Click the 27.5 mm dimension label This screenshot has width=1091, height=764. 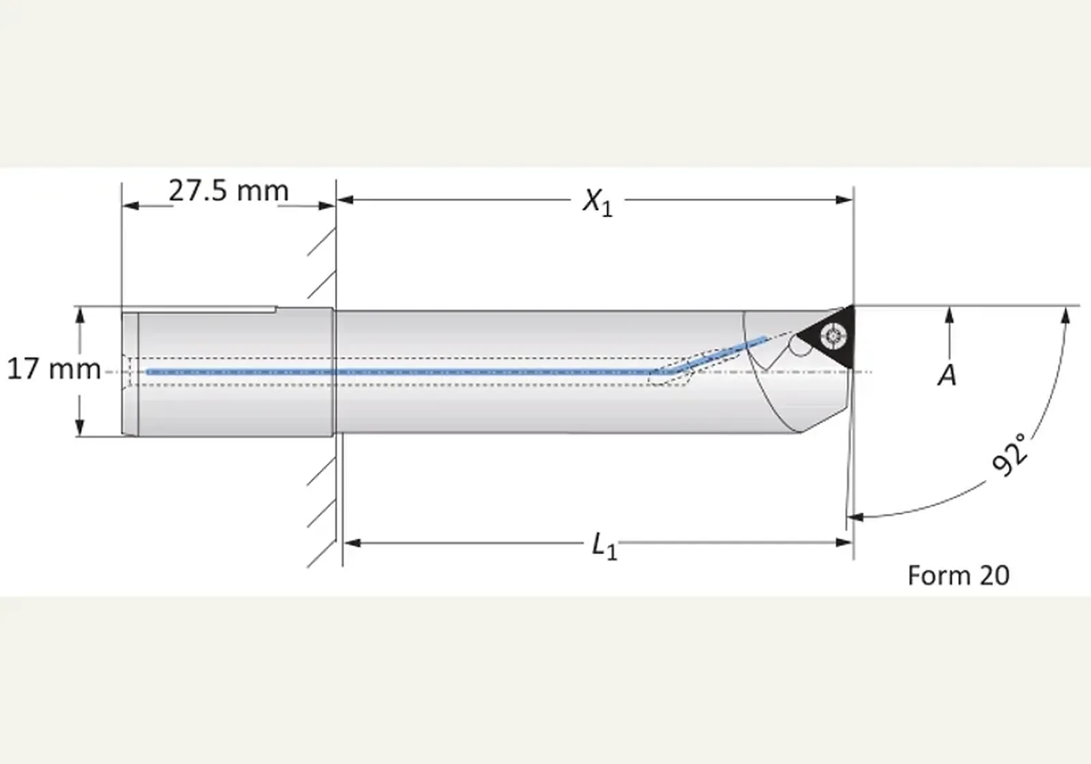pyautogui.click(x=228, y=191)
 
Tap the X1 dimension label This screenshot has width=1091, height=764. pyautogui.click(x=597, y=201)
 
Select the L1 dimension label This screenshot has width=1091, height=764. pyautogui.click(x=604, y=546)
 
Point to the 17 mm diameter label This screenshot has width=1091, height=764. pyautogui.click(x=54, y=369)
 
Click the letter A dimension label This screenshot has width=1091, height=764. pyautogui.click(x=947, y=376)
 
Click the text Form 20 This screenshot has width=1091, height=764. pyautogui.click(x=959, y=576)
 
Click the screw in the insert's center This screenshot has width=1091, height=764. pyautogui.click(x=834, y=335)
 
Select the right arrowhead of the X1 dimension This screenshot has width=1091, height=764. pyautogui.click(x=844, y=200)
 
